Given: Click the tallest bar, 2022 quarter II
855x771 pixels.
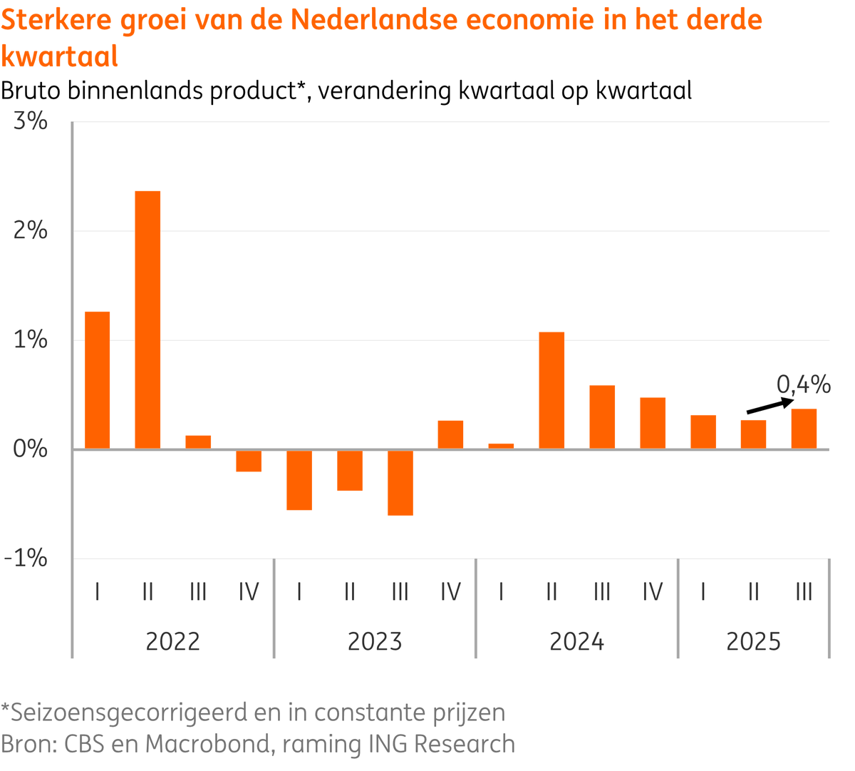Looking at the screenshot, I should coord(147,320).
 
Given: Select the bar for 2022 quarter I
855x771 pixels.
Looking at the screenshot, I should coord(98,380).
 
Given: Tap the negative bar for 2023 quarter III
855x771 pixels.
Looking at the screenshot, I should coord(400,482).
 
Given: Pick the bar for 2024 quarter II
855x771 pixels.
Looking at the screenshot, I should coord(551,390).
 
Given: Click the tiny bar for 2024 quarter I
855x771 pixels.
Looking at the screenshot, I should coord(501,446).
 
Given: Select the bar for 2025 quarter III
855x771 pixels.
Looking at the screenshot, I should coord(804,429).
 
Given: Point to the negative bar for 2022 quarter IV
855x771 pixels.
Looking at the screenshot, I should coord(249,461).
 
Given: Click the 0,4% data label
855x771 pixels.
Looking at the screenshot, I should coord(804,385).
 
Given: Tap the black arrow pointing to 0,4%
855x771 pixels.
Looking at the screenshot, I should coord(769,406).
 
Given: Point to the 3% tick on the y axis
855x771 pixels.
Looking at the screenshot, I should coord(31,121).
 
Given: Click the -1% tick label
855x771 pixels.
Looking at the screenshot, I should coord(26,558).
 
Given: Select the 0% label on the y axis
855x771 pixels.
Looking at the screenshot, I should coord(31,449).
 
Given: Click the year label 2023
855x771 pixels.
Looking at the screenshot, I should coord(375,642).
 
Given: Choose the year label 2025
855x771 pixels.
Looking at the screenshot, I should coord(753,642).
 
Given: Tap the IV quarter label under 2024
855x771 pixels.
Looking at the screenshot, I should coord(653,592).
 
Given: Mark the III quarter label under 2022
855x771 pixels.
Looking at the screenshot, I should coord(198,592).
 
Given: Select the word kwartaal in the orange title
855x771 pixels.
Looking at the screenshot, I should coord(60,56).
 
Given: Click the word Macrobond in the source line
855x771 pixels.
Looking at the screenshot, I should coord(208,744).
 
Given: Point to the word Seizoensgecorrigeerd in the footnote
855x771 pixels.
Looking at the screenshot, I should coord(130,712).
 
